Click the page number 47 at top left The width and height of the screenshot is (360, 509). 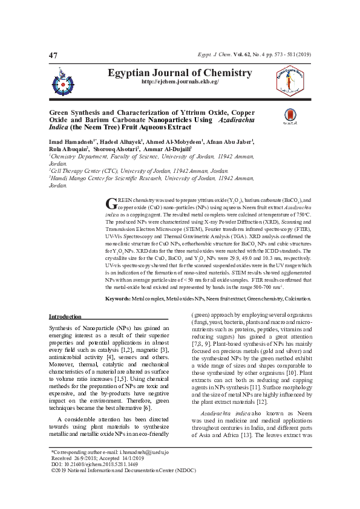(x=53, y=56)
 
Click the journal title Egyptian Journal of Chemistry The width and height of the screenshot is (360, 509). (x=179, y=73)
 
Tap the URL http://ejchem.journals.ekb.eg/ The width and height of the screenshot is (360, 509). (x=180, y=82)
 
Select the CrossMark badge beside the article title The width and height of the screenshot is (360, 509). (x=290, y=117)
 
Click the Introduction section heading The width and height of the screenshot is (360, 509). (x=65, y=317)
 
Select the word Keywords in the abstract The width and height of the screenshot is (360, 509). (x=117, y=299)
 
